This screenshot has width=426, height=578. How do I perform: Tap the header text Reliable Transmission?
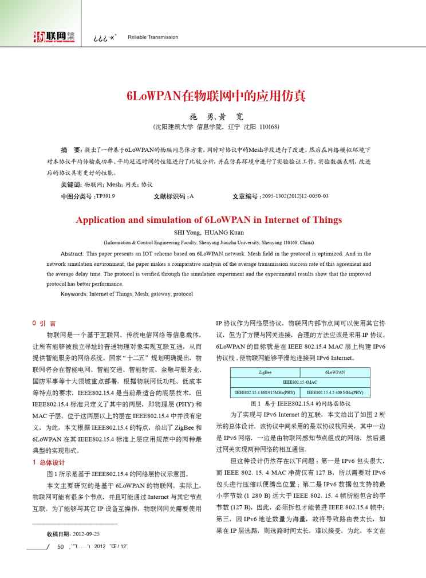[x=153, y=37]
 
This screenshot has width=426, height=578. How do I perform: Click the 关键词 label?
[x=71, y=184]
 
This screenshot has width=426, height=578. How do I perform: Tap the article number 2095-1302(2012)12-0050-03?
[x=295, y=196]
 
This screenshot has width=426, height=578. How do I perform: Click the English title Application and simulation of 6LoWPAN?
[x=209, y=219]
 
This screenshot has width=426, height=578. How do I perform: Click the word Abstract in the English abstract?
[x=72, y=253]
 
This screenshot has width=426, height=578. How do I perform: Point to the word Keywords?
[x=74, y=294]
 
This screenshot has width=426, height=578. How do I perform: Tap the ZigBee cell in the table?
[x=265, y=372]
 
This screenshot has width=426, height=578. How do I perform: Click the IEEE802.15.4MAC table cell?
[x=300, y=383]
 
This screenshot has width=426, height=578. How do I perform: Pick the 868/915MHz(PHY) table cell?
[x=265, y=393]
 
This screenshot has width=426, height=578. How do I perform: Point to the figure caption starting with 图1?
[x=300, y=404]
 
